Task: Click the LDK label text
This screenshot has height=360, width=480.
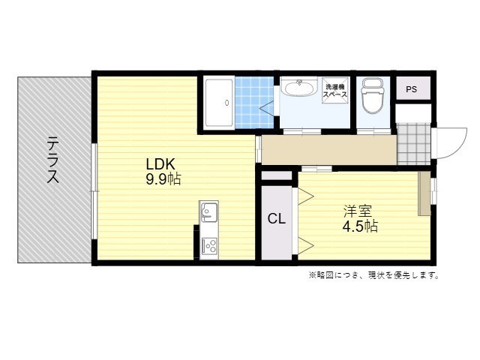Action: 162,164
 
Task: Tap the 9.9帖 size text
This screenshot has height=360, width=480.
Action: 163,179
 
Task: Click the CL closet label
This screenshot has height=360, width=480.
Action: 277,220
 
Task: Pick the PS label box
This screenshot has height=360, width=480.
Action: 411,89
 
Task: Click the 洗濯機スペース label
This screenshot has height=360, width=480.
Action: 334,91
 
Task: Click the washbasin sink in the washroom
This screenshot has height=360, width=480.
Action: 299,88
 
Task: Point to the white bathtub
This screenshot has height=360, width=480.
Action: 217,103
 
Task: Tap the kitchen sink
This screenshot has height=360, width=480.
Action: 208,213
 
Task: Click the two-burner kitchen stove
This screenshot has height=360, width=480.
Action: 208,245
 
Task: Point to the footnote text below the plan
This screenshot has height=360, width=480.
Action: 373,274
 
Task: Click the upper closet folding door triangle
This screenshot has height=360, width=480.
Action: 305,198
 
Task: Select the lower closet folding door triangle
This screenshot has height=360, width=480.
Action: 305,243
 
